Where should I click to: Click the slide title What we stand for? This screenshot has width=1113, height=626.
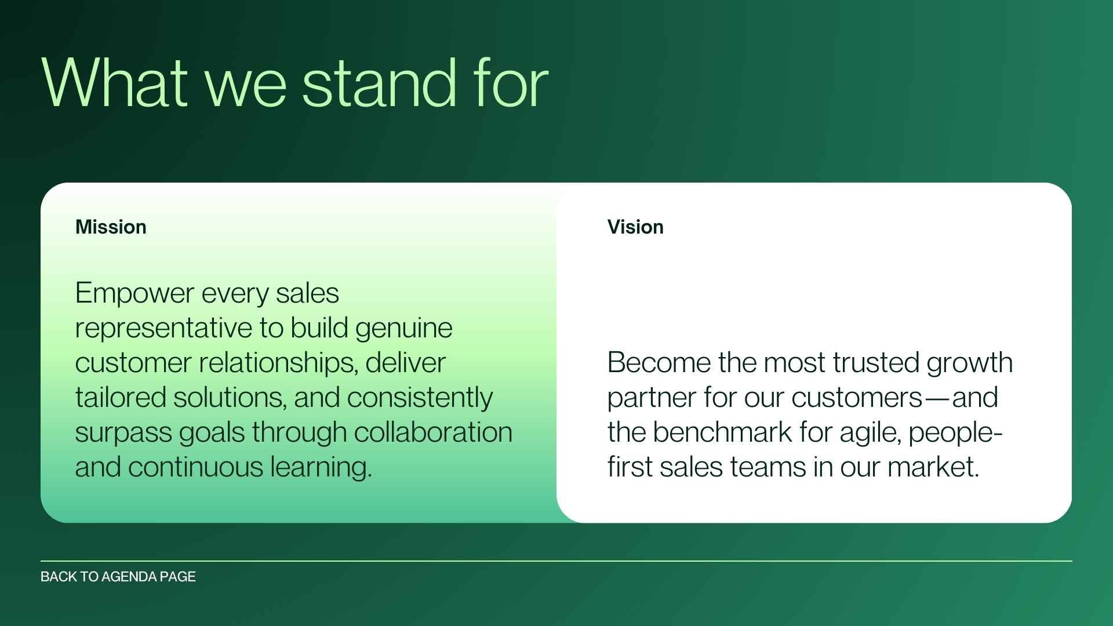294,83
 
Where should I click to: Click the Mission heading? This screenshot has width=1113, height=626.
111,227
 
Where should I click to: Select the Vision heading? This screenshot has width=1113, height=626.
635,227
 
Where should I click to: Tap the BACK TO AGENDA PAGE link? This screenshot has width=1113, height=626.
118,577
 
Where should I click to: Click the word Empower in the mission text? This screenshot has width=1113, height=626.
134,293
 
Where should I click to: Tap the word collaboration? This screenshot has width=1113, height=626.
432,432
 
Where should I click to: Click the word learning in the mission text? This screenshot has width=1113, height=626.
320,468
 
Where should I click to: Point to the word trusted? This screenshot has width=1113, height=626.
876,363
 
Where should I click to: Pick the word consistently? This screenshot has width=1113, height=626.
420,398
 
